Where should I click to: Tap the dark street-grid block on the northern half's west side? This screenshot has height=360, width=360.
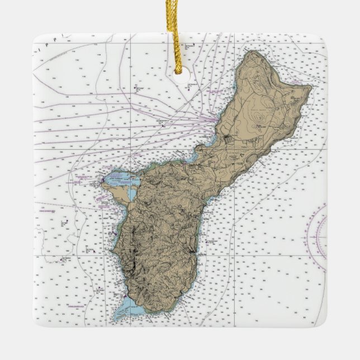229,136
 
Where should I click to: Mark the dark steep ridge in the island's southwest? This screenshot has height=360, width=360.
134,257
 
